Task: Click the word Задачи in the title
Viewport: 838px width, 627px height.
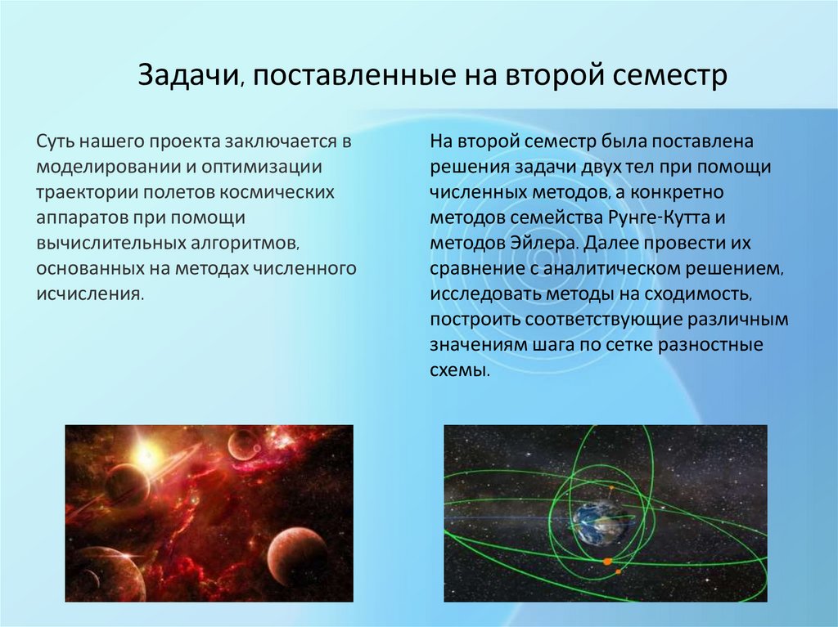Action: click(187, 75)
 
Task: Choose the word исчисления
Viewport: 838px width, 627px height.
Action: click(90, 293)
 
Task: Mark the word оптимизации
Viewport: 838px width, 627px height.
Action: click(262, 167)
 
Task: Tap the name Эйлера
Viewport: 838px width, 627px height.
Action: click(544, 244)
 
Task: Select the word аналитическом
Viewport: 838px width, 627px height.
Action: click(612, 269)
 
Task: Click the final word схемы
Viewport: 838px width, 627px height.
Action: click(460, 370)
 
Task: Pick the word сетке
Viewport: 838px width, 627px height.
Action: click(628, 345)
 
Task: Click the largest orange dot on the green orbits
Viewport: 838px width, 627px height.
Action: click(607, 562)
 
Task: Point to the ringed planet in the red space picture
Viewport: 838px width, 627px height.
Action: click(128, 483)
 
